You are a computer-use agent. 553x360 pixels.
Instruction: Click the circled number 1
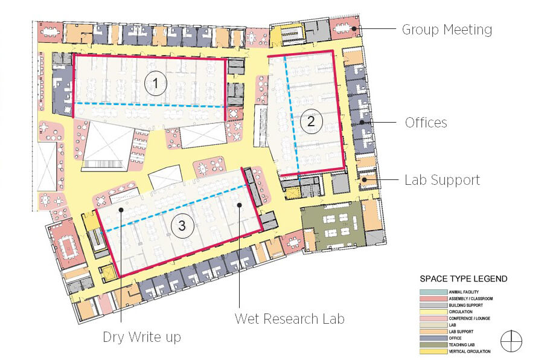158,85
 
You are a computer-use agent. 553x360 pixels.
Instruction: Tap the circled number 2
311,121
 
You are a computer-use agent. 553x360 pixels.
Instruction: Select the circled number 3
182,226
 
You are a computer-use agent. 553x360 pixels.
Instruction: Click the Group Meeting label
447,29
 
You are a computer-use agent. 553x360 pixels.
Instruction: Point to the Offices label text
426,123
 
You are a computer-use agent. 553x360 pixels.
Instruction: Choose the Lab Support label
442,180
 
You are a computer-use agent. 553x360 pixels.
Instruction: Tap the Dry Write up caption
141,336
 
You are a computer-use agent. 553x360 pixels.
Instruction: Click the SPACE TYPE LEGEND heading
464,279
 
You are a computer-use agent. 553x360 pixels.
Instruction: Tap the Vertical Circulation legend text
470,352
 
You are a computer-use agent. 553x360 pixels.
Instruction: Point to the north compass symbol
511,341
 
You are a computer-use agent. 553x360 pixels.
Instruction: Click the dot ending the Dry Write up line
122,210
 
